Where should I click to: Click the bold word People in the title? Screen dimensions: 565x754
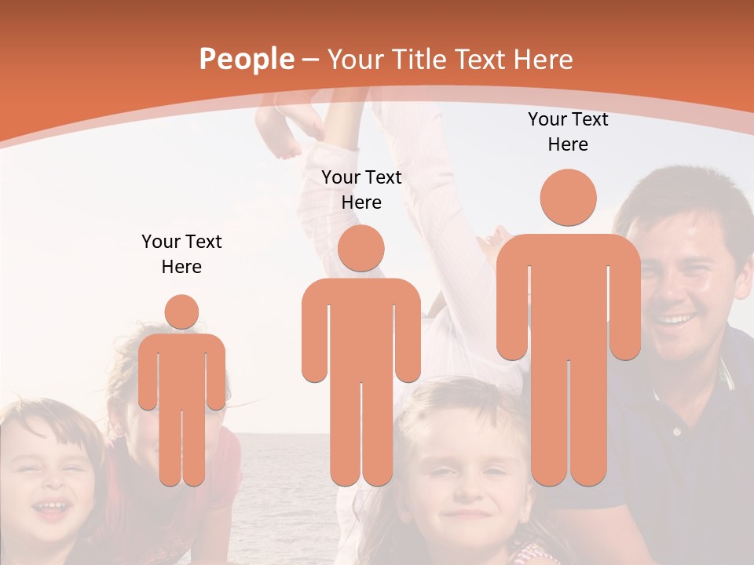click(x=247, y=59)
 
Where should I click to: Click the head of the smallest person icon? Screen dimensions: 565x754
click(x=181, y=312)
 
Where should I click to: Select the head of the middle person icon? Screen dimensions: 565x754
click(x=361, y=248)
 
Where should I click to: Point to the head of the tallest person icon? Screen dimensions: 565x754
click(x=568, y=198)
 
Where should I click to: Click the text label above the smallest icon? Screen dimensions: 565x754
click(x=181, y=254)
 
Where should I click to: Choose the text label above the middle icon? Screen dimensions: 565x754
click(x=361, y=190)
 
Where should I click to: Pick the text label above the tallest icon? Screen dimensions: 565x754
click(x=568, y=132)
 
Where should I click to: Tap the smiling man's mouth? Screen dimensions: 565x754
click(x=675, y=319)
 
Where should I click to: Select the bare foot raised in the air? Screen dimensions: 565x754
click(x=279, y=129)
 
